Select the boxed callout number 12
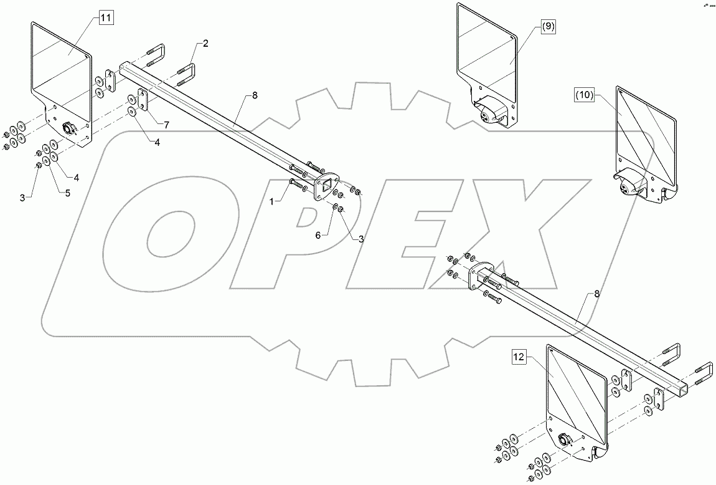point(519,357)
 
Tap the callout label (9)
point(548,26)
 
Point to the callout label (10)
point(585,95)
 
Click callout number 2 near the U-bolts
point(205,43)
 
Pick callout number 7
point(166,125)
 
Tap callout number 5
point(67,193)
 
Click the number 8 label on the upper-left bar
point(253,95)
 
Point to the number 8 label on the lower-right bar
point(596,293)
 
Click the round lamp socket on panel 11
point(68,129)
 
